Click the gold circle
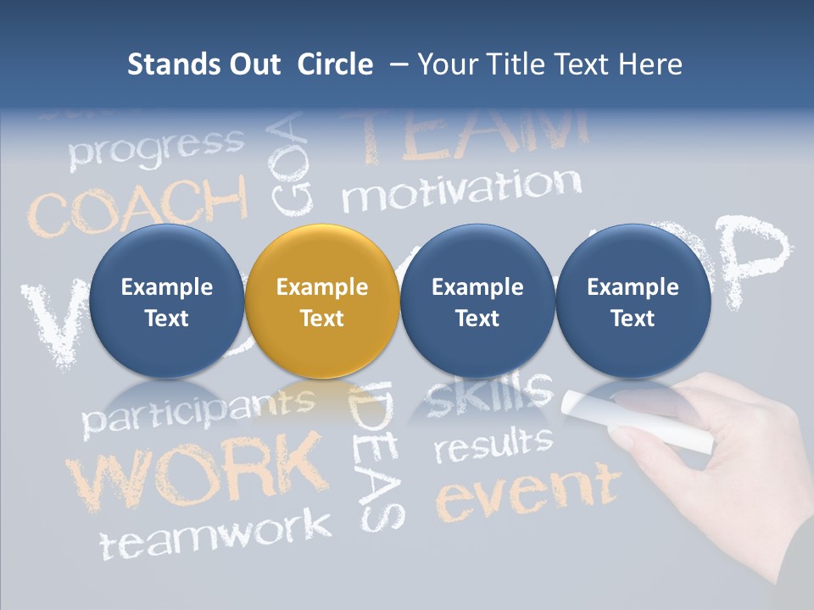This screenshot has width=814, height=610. click(321, 302)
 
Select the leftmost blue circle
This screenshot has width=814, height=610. click(166, 302)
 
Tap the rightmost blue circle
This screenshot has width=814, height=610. click(633, 302)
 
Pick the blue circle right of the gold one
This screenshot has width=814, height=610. click(477, 302)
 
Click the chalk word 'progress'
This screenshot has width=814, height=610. click(156, 147)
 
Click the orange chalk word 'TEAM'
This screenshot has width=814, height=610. click(475, 136)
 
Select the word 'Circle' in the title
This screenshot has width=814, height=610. click(335, 64)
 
